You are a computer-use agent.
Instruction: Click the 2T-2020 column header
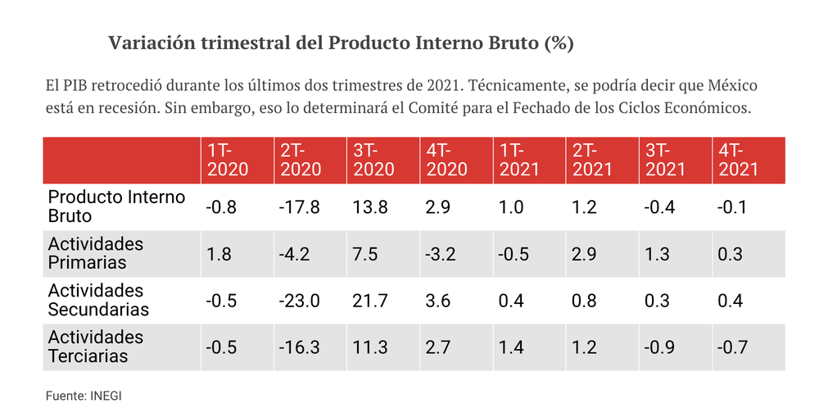point(301,160)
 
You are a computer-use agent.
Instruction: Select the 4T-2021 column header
point(738,160)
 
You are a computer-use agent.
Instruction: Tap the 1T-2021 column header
point(519,160)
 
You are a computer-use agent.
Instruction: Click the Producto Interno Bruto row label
point(116,206)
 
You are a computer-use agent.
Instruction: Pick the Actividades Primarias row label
point(96,253)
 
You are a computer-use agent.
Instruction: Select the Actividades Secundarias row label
point(99,300)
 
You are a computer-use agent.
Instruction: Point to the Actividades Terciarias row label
point(96,347)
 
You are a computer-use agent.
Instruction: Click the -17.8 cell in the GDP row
point(299,207)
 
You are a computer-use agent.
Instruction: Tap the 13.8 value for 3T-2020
point(370,207)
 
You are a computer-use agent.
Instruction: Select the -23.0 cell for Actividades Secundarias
point(299,301)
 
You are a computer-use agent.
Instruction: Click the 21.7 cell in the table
point(370,301)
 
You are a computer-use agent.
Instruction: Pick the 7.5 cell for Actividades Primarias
point(365,254)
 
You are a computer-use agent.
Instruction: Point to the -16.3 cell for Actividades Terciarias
point(299,347)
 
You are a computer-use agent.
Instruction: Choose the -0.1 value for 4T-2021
point(732,207)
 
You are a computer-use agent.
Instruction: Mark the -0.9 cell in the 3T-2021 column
point(659,347)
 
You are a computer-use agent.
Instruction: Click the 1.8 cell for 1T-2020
point(219,254)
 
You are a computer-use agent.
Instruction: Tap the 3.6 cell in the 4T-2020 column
point(438,301)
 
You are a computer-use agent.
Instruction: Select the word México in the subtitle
point(732,85)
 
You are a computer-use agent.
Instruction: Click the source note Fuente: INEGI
point(84,396)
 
